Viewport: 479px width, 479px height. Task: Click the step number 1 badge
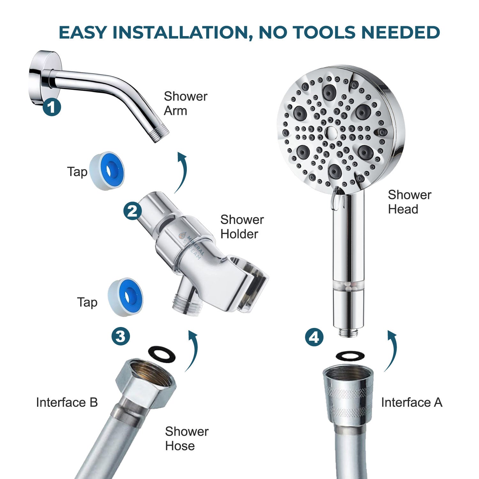point(52,107)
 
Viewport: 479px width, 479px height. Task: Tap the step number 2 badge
point(133,211)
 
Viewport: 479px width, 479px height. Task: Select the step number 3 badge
point(121,336)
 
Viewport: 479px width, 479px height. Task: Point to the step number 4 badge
point(314,337)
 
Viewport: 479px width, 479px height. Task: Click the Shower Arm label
point(185,103)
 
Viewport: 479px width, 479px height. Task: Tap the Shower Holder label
point(242,227)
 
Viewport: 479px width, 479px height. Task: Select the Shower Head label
point(409,202)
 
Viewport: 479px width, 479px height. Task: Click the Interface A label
point(412,402)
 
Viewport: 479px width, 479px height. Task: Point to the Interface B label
point(67,402)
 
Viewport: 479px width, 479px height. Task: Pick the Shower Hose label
point(186,438)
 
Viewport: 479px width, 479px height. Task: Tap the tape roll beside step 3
point(125,297)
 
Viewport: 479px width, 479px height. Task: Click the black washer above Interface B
point(162,354)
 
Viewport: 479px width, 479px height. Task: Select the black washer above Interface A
point(350,356)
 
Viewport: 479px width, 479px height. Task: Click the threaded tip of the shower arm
point(160,136)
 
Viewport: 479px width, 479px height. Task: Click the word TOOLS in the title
point(323,32)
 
